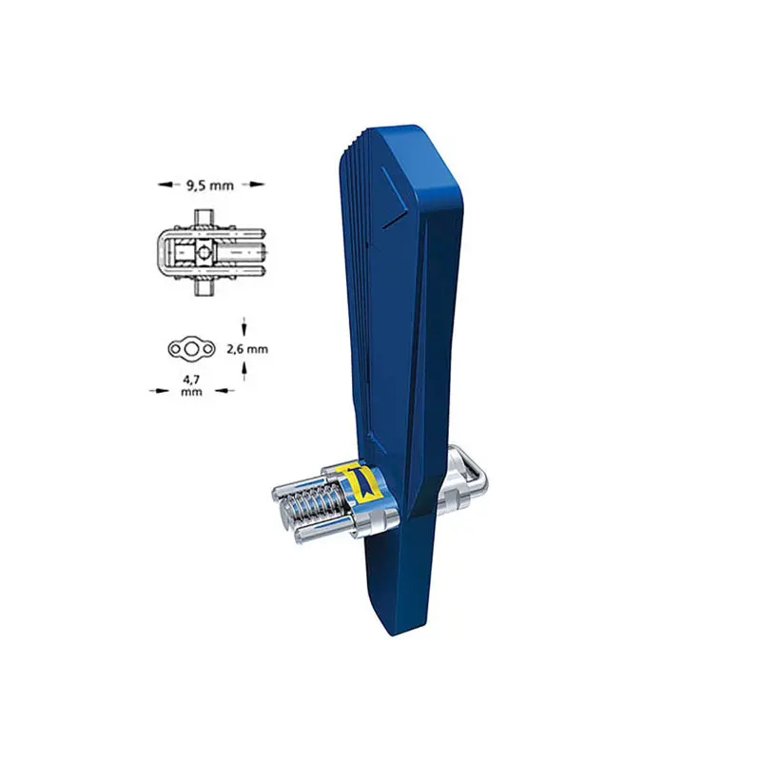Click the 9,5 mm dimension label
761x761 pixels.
[210, 185]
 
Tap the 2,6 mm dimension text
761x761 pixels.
[247, 349]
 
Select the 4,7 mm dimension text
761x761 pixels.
[191, 385]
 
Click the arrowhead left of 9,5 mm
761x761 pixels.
[165, 185]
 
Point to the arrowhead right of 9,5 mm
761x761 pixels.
[257, 185]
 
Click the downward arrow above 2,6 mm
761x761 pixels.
[244, 326]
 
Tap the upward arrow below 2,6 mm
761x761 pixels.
[244, 372]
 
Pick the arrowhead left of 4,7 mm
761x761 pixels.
[159, 390]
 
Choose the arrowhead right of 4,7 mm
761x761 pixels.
[224, 390]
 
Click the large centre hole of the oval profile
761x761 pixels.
[191, 348]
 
